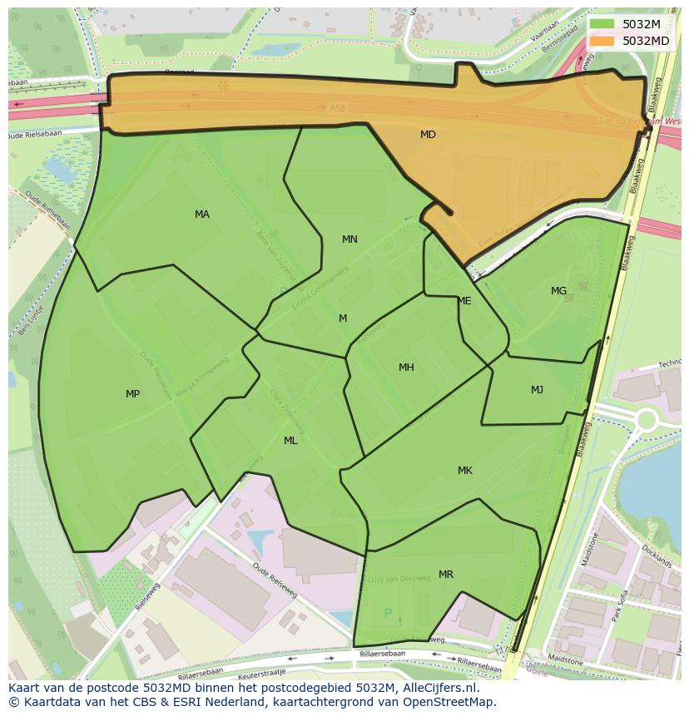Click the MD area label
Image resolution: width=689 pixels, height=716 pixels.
point(428,135)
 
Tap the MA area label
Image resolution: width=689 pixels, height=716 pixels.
point(202,215)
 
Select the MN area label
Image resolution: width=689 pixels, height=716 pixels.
point(349,239)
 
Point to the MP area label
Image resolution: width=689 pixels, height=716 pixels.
point(132,394)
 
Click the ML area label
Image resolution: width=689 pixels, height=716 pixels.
point(290,441)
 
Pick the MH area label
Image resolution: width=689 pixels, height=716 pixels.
point(406,368)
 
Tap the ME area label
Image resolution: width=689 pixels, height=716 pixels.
point(464,301)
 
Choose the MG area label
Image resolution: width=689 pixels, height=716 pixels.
point(558,291)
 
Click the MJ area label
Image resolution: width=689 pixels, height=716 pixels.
point(538,390)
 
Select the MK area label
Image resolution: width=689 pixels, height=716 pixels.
point(465,471)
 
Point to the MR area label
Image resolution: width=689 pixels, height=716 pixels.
point(446,575)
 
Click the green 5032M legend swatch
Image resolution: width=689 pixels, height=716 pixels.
point(602,24)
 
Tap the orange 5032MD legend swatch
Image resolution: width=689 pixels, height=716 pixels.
point(602,40)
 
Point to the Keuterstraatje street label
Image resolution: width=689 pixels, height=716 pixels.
point(260,671)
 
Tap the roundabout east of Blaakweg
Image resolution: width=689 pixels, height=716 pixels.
point(645,420)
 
